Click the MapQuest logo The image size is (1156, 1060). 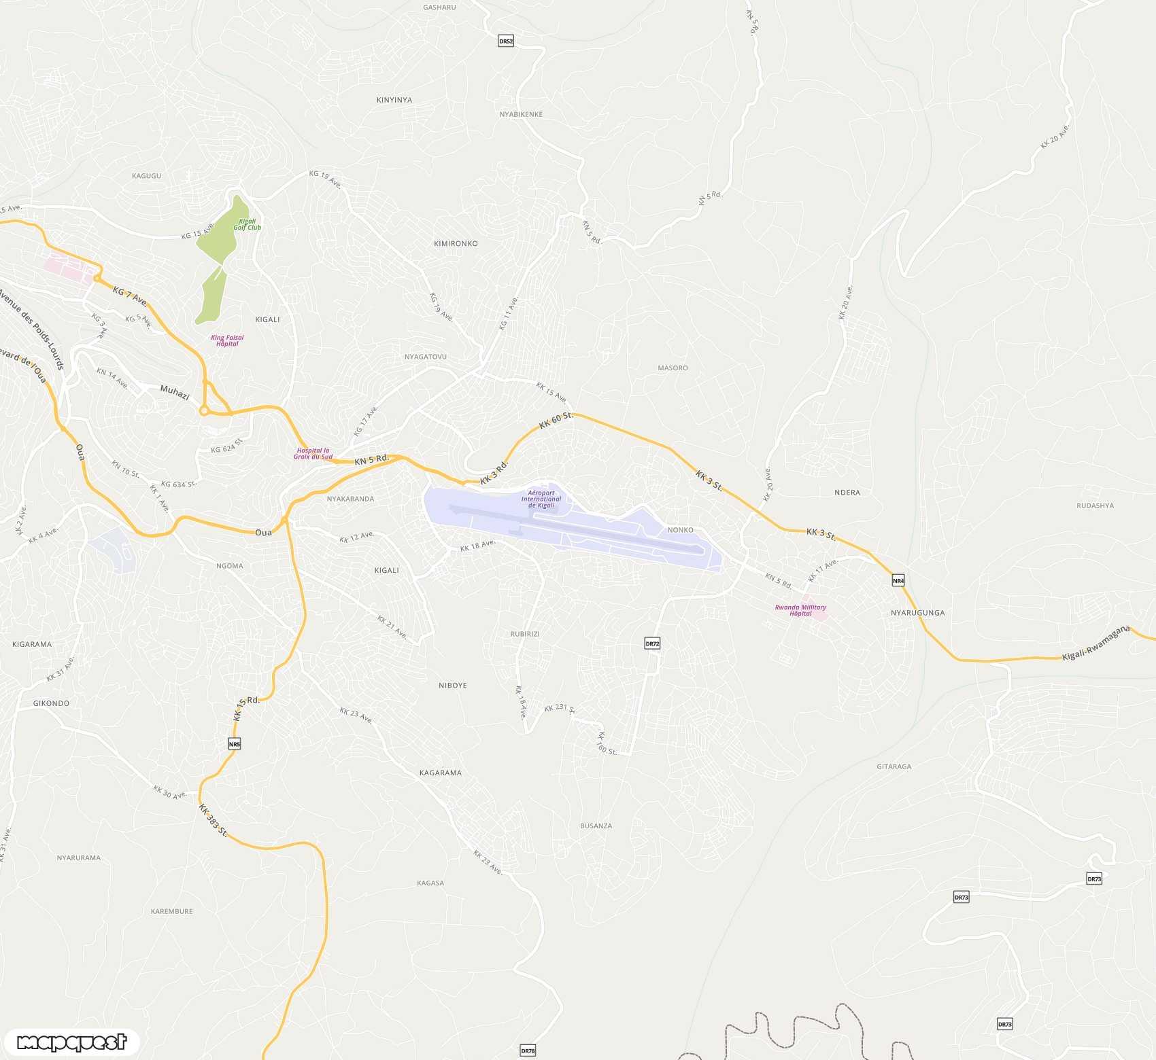point(71,1042)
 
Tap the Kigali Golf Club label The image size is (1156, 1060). point(247,224)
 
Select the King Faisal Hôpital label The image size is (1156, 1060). point(227,340)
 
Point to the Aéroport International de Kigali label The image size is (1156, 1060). point(541,499)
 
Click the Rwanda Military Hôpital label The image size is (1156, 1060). point(800,610)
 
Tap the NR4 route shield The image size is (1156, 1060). point(898,580)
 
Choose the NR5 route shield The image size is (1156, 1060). point(235,744)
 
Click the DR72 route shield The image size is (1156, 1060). point(652,643)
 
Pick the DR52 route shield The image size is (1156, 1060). point(506,41)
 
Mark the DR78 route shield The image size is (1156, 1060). point(528,1050)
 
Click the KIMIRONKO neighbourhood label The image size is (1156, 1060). point(456,243)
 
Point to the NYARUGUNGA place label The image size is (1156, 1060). point(917,612)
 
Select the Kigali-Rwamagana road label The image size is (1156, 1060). point(1095,643)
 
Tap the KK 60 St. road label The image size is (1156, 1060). point(556,420)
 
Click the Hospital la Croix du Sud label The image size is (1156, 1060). point(313,453)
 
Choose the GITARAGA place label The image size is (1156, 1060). point(894,766)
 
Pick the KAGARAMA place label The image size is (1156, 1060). point(440,773)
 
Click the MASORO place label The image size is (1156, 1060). point(673,368)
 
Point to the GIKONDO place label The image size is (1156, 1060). point(51,703)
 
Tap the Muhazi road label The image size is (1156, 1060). point(175,392)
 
